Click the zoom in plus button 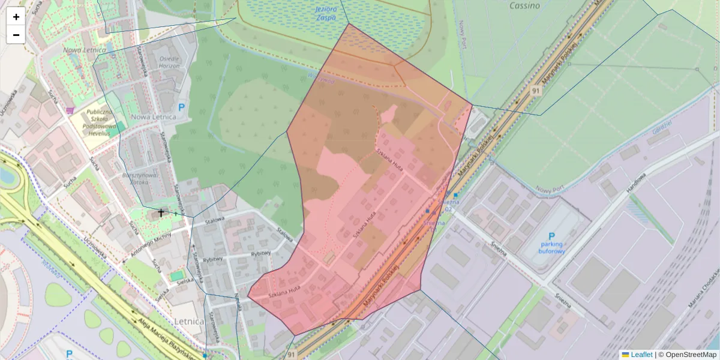[x=16, y=17]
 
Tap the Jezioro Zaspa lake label [x=326, y=13]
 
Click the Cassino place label [x=524, y=6]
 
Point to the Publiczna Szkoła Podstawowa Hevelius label [x=99, y=122]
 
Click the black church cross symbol [x=160, y=212]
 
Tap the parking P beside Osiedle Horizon [x=182, y=107]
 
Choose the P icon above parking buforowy [x=551, y=237]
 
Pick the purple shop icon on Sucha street [x=71, y=110]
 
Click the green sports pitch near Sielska [x=176, y=276]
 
